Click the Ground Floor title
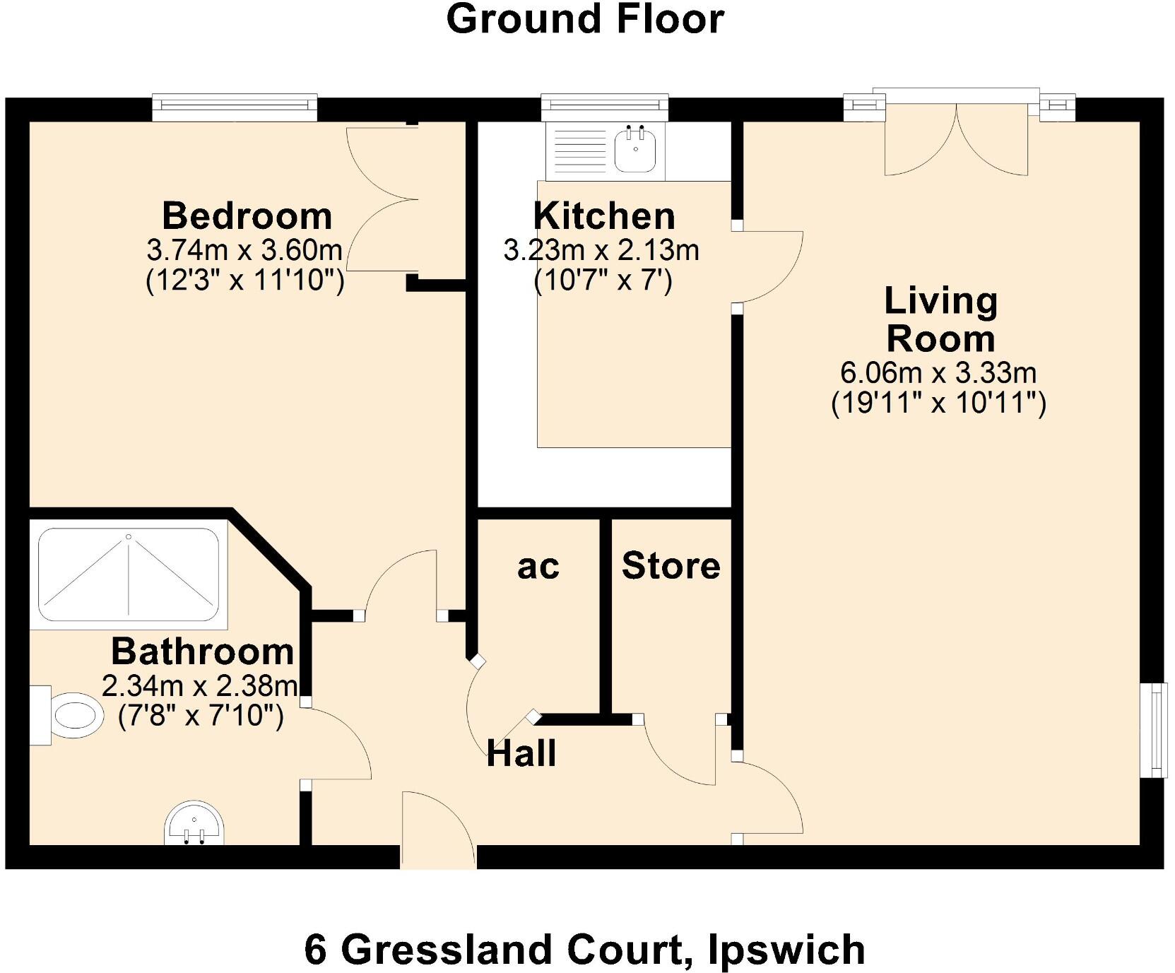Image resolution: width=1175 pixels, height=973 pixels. [585, 19]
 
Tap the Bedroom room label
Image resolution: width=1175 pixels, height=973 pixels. [247, 216]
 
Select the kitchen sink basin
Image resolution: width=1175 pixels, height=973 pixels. [637, 151]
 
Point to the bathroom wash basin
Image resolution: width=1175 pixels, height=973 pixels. [194, 824]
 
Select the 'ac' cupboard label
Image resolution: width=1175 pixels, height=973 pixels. [538, 567]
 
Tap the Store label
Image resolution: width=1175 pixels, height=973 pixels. [671, 565]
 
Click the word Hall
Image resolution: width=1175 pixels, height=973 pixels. [521, 753]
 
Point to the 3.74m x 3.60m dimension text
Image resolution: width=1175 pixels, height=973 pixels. [244, 250]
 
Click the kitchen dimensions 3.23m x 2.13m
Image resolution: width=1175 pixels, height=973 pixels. [601, 250]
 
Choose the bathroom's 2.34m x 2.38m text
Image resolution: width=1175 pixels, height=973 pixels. [199, 685]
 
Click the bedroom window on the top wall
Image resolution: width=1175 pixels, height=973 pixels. [235, 106]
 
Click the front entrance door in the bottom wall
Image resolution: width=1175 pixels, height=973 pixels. [438, 830]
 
